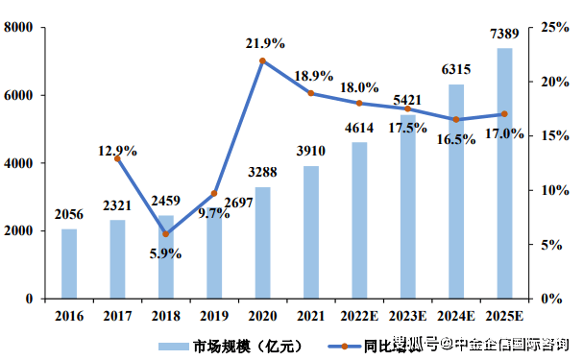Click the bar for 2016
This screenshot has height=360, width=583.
(x=69, y=264)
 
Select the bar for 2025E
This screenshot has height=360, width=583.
(x=504, y=173)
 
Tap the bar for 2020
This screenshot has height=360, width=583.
(x=262, y=243)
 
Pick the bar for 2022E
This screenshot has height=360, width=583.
(x=359, y=221)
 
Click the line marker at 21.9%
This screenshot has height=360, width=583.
(x=262, y=60)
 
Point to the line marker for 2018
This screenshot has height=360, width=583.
(x=166, y=234)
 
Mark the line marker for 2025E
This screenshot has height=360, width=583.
(x=504, y=114)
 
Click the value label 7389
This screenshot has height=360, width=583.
(x=504, y=35)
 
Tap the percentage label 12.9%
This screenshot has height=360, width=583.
(x=117, y=150)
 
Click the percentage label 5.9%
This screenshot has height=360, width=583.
(x=166, y=253)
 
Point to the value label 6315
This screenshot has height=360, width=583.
(x=456, y=69)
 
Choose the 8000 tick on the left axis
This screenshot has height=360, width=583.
(x=18, y=28)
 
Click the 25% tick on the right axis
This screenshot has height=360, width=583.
(x=554, y=28)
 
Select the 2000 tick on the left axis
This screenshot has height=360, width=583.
(x=18, y=231)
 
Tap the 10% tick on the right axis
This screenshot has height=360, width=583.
(x=554, y=190)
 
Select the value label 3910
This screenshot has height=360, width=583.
(x=311, y=150)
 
